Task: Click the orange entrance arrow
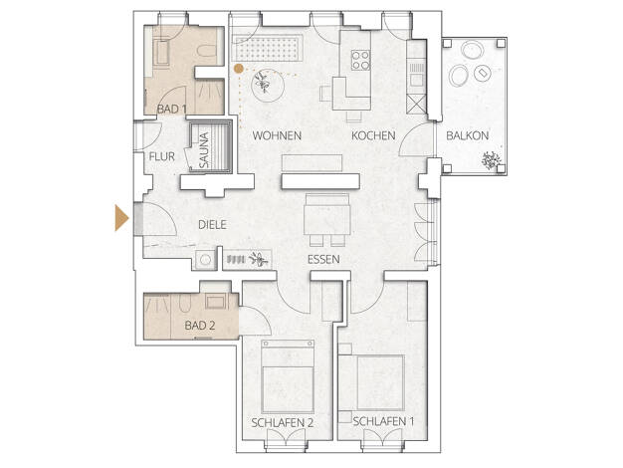tap(121, 217)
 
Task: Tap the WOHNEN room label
tap(277, 135)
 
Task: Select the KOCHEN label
tap(373, 135)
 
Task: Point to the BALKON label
tap(468, 135)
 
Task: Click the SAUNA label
tap(204, 149)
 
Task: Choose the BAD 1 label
tap(171, 109)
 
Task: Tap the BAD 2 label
tap(200, 326)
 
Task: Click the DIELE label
tap(212, 225)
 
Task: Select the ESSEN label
tap(323, 259)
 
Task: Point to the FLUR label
tap(161, 156)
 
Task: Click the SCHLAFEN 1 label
tap(383, 421)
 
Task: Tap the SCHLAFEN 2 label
tap(282, 422)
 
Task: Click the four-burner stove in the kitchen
tap(361, 60)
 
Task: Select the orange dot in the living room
tap(239, 69)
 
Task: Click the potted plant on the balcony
tap(491, 160)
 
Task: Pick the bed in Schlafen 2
tap(288, 376)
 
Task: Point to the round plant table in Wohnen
tap(268, 86)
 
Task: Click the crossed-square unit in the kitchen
tap(416, 105)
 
